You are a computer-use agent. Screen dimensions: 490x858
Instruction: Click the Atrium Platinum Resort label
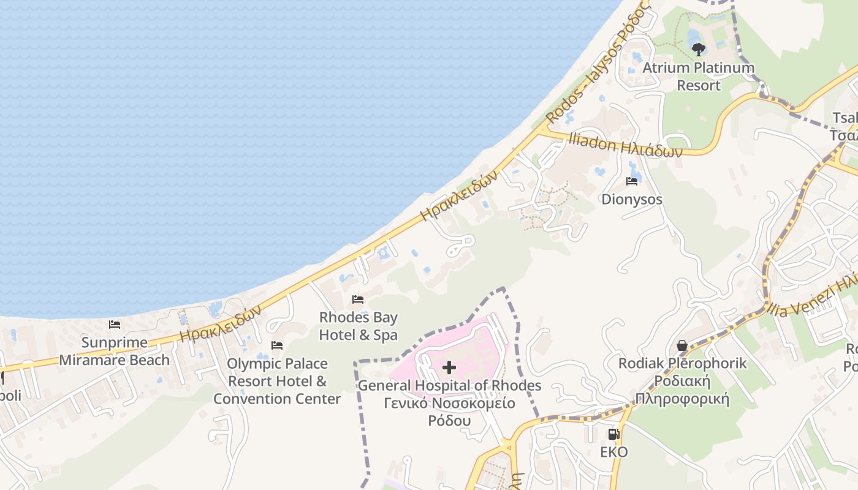698,76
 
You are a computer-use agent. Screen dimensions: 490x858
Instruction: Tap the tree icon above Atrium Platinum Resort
698,49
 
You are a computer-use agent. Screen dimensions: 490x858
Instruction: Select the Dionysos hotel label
631,199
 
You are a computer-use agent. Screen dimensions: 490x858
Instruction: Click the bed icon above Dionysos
632,181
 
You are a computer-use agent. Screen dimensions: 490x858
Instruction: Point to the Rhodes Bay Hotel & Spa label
358,326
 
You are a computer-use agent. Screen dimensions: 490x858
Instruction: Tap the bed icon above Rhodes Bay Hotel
358,300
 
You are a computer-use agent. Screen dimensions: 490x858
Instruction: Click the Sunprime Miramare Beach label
115,351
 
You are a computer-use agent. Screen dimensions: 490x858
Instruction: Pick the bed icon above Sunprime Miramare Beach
115,325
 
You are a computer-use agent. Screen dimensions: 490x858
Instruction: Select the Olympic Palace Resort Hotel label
277,381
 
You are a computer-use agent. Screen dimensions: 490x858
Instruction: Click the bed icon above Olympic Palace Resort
277,345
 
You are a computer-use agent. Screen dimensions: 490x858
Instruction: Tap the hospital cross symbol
449,367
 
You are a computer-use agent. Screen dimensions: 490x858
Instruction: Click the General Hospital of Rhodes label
449,386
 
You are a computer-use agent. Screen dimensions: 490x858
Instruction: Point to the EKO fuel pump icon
613,434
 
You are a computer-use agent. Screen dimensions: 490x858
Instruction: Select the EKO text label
613,452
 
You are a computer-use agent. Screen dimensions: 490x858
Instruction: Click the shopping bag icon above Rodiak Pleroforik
681,346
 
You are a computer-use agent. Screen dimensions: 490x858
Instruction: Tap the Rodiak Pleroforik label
682,363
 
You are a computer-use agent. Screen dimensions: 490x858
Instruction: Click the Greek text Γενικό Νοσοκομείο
449,403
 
